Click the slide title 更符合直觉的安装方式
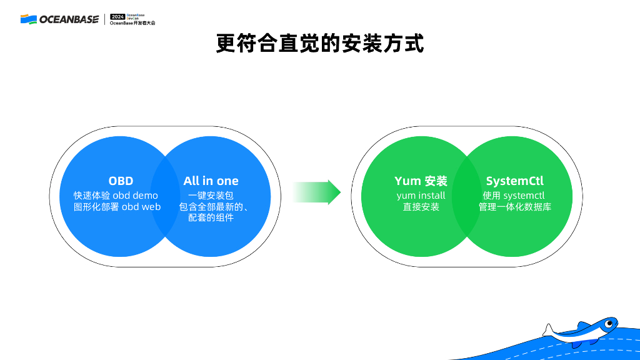coord(320,44)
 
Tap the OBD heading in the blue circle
coord(121,181)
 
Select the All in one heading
coord(211,181)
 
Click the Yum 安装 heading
coord(421,181)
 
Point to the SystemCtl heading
coord(514,181)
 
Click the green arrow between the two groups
coord(317,192)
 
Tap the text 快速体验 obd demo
coord(116,196)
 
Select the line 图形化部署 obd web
coord(117,207)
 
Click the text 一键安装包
coord(211,196)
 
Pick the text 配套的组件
coord(211,218)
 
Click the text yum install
coord(421,196)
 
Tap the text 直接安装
coord(421,207)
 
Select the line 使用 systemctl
coord(514,196)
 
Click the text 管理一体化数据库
coord(515,207)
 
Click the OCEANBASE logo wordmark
coord(69,19)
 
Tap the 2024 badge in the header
coord(117,16)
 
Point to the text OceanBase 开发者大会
coord(132,23)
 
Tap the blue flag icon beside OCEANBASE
coord(28,19)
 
